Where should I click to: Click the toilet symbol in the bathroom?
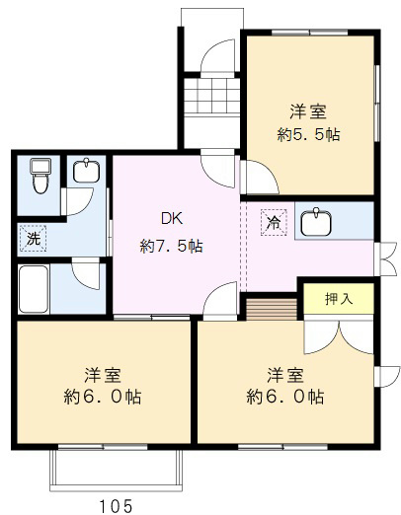[39, 175]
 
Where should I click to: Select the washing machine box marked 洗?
[33, 238]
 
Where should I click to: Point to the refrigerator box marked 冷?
[271, 222]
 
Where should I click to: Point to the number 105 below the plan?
[116, 504]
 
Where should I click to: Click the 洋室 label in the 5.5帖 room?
[308, 110]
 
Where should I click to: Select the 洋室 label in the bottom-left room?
[102, 375]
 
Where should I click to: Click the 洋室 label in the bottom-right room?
[284, 375]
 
